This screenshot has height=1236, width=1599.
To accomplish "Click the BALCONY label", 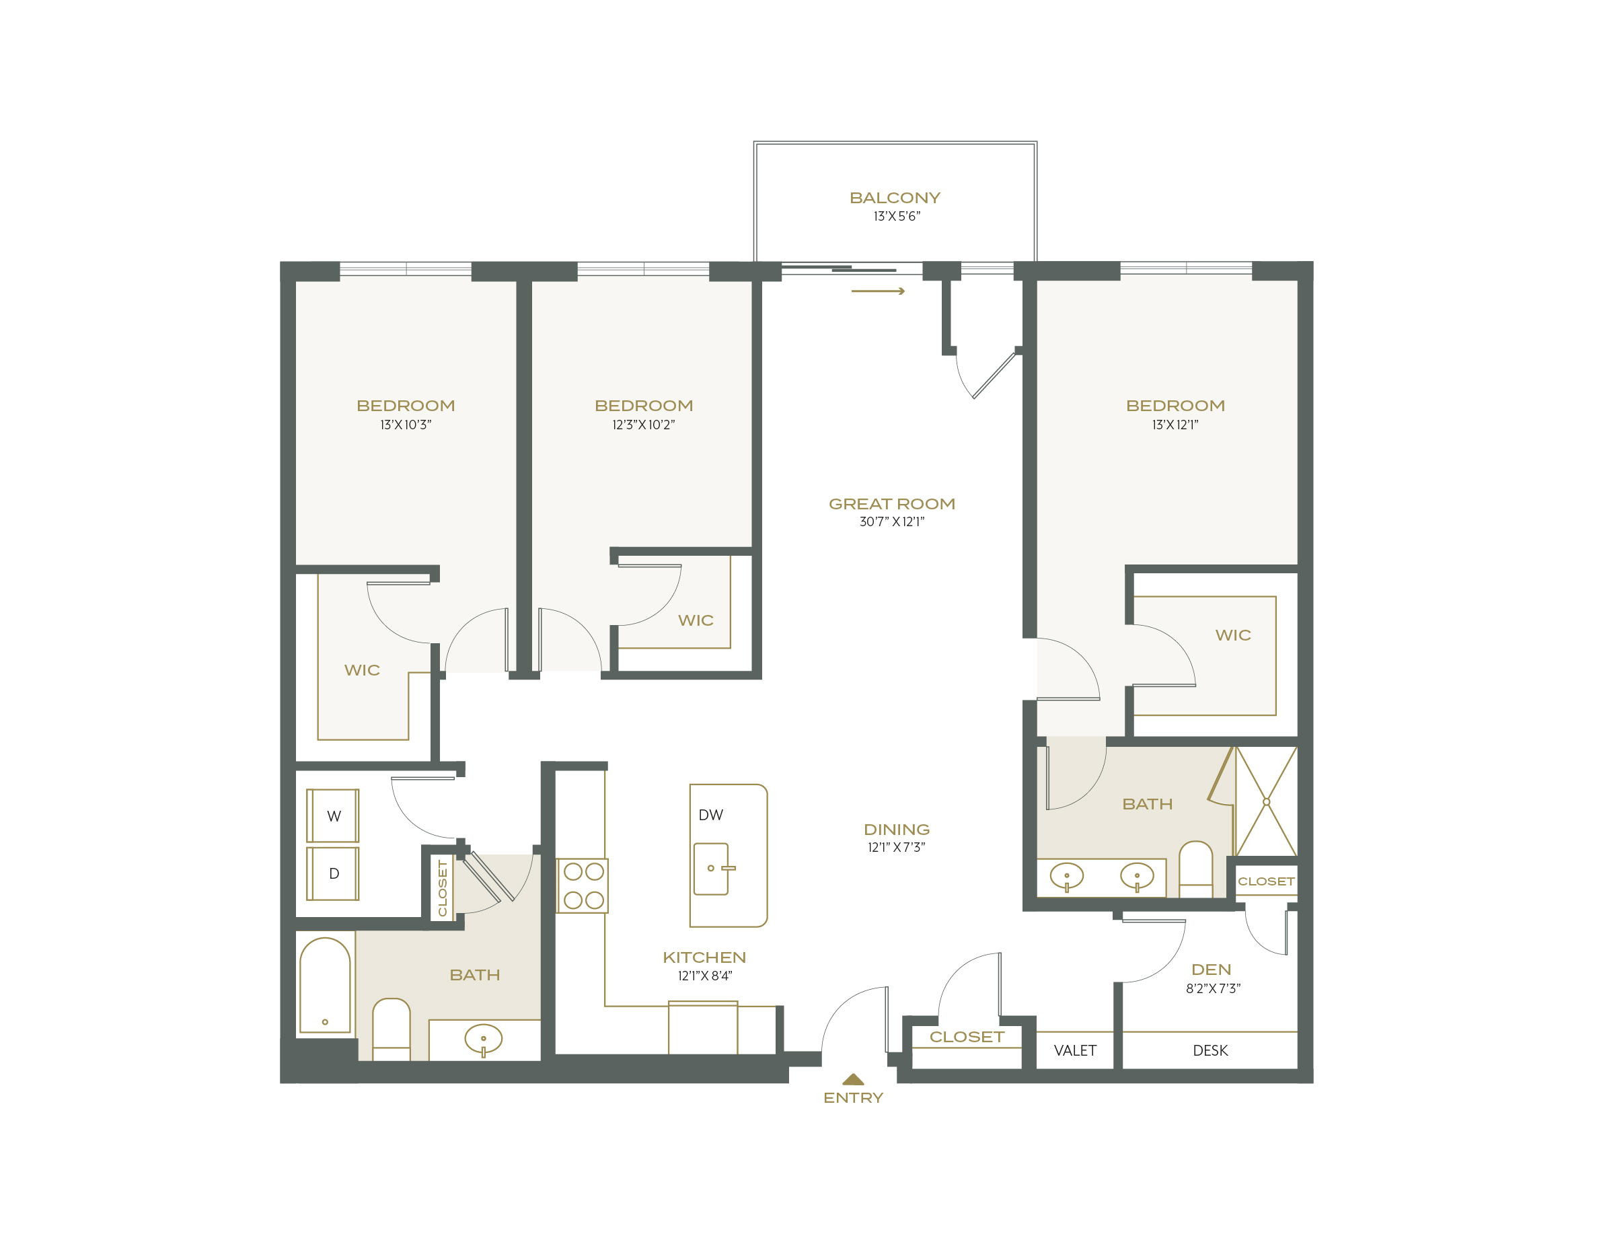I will (895, 198).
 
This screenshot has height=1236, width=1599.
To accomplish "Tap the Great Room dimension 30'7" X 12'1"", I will (892, 521).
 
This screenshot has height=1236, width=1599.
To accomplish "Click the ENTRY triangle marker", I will (853, 1079).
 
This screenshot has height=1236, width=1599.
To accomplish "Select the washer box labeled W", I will (333, 815).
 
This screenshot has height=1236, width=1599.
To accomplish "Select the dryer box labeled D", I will (333, 873).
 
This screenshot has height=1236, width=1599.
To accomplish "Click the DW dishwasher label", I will (710, 815).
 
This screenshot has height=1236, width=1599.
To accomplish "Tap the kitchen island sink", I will (712, 869).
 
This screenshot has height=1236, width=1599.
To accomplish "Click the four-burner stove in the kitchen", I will (583, 885).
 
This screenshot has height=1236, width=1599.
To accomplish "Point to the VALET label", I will (1075, 1051).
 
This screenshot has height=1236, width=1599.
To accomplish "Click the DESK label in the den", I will (1210, 1051).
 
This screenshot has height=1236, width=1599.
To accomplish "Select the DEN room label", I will (1211, 970).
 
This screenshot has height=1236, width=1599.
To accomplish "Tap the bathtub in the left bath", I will (325, 985).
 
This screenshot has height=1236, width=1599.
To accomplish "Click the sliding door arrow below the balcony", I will (878, 291).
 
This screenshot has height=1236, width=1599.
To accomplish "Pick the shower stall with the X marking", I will (1266, 802).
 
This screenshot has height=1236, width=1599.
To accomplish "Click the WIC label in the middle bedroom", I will (695, 620).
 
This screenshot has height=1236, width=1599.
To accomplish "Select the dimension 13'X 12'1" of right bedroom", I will (1175, 425).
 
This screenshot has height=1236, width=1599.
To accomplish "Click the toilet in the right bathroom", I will (1195, 869).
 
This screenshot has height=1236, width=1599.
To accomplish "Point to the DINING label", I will (896, 830).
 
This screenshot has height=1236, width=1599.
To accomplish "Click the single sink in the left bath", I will (483, 1038).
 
